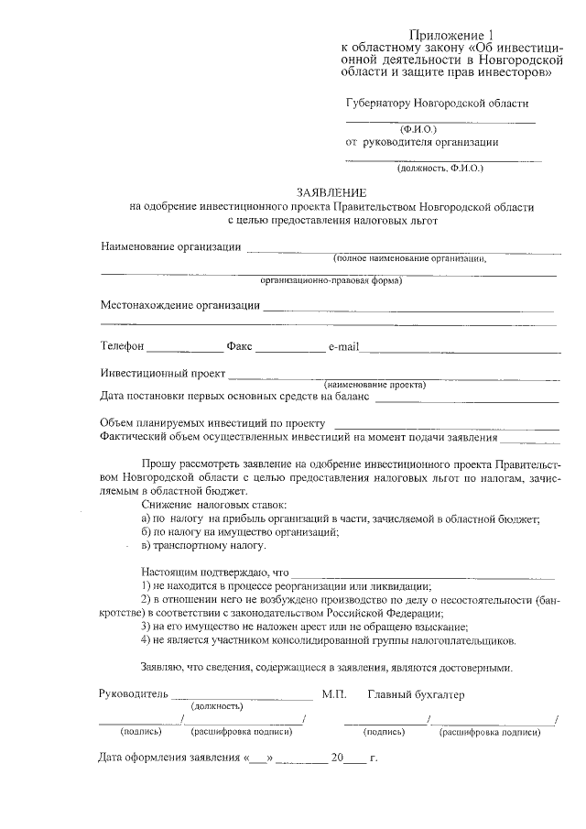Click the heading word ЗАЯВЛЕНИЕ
331,192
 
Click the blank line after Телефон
183,352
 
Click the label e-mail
347,347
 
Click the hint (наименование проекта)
375,385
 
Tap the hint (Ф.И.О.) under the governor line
418,129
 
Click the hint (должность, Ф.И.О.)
439,169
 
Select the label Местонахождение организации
179,305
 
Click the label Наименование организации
170,246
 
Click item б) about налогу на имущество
241,532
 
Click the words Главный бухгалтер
416,694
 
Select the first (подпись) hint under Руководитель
141,732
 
